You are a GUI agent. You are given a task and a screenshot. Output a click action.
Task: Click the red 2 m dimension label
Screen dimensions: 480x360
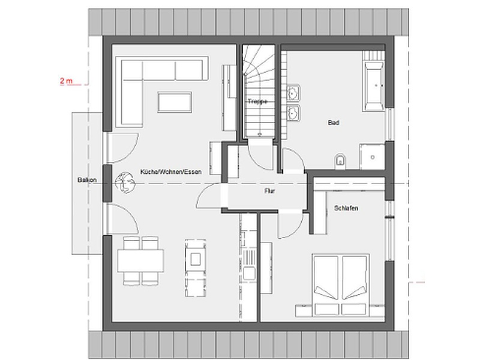point(67,81)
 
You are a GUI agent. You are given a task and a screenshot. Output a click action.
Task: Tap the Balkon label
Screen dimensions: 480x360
point(87,180)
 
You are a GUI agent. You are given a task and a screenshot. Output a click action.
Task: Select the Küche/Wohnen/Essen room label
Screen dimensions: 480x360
point(171,172)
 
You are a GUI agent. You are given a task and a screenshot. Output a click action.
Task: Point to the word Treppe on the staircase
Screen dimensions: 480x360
point(257,101)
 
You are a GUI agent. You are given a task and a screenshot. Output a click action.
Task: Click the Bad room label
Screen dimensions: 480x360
point(334,122)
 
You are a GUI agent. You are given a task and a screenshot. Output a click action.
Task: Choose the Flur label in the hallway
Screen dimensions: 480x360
point(269,191)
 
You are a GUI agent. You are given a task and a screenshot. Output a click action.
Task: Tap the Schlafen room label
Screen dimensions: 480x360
point(346,208)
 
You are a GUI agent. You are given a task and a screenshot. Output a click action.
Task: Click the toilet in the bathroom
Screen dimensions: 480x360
point(340,161)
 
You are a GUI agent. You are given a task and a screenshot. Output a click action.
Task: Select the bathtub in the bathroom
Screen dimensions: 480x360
point(373,86)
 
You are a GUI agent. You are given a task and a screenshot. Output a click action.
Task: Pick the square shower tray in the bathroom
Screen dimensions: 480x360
point(372,157)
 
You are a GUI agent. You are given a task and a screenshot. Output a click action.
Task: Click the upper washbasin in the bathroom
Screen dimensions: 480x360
point(293,92)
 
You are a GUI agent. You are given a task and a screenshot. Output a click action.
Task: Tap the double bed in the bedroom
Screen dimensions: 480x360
point(340,284)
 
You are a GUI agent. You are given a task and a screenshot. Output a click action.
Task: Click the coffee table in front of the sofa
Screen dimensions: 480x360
point(175,102)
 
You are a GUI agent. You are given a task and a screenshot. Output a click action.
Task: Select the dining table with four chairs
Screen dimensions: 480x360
point(140,260)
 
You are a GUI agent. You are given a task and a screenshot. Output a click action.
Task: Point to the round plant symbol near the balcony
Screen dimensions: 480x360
point(125,183)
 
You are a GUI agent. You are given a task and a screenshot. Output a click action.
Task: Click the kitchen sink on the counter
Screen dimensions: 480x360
point(248,273)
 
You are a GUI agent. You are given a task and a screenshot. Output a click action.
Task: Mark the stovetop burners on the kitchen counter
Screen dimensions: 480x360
point(248,257)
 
